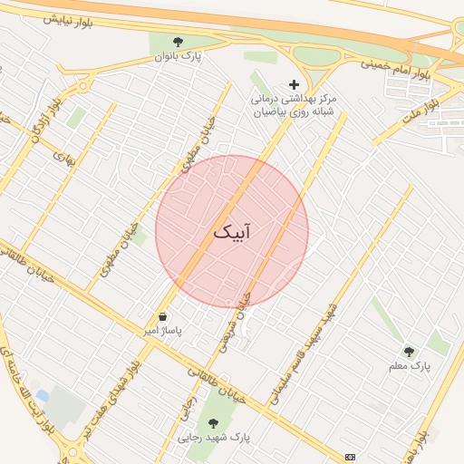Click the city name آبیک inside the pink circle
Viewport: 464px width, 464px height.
coord(231,232)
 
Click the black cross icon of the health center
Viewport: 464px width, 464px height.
coord(293,83)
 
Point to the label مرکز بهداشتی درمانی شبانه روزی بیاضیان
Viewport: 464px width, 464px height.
coord(293,103)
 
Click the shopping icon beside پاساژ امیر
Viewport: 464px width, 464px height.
coord(162,317)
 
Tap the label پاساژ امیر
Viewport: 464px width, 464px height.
coord(162,332)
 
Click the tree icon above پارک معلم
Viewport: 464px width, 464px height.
coord(409,352)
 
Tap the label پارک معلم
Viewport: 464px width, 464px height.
coord(412,366)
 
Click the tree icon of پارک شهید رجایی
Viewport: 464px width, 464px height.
coord(214,422)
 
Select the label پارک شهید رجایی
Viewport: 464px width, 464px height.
coord(214,437)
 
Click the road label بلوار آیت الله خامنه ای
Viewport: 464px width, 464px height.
coord(27,381)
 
